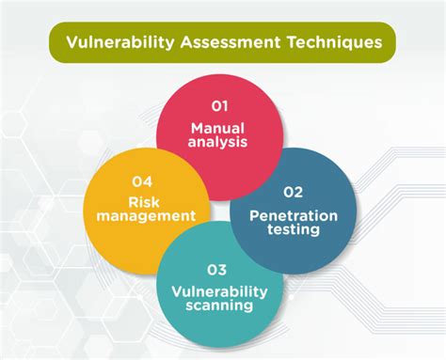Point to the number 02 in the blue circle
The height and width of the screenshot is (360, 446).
click(295, 193)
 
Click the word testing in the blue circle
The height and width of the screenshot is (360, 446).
click(294, 230)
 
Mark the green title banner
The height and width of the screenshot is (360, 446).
click(222, 41)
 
